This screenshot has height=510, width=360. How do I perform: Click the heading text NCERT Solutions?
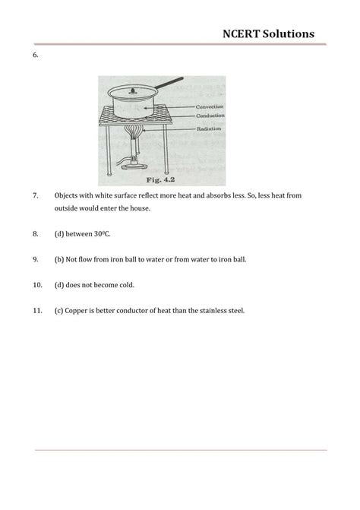tap(268, 33)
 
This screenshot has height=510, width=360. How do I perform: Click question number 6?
tap(36, 56)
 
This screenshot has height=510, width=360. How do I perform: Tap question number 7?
tap(36, 195)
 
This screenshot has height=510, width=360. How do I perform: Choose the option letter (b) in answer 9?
tap(59, 259)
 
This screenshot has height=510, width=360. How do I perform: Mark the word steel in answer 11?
tap(235, 310)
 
